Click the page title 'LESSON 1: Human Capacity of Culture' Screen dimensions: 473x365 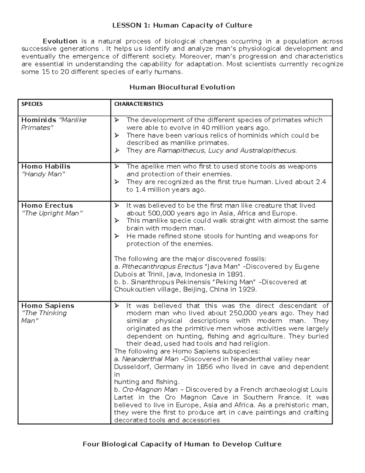[x=182, y=25]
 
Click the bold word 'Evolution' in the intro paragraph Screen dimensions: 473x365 [x=60, y=41]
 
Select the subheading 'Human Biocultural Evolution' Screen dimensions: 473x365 [x=182, y=87]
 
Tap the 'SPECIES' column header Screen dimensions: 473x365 [x=32, y=104]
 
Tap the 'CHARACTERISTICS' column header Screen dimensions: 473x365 [x=139, y=104]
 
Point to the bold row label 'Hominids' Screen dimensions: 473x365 [x=39, y=120]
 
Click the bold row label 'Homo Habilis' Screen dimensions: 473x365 [x=46, y=167]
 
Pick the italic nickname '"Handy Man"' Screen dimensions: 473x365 [x=43, y=174]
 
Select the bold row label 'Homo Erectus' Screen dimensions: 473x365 [x=47, y=206]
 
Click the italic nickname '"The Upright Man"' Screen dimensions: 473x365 [x=52, y=213]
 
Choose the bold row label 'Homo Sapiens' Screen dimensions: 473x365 [x=47, y=306]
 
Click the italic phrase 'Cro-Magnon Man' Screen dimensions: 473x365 [x=150, y=390]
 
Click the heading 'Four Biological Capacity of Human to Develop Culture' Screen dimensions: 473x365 [x=182, y=444]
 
